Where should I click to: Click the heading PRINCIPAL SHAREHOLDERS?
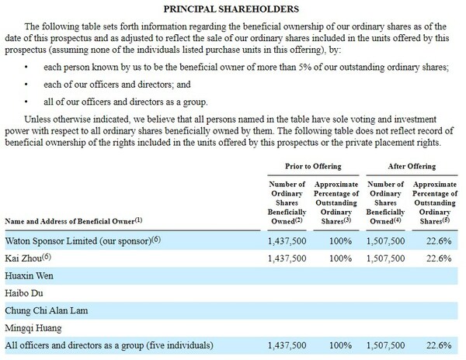(x=234, y=10)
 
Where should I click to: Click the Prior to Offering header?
(x=305, y=166)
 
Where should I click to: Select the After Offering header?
(x=411, y=166)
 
